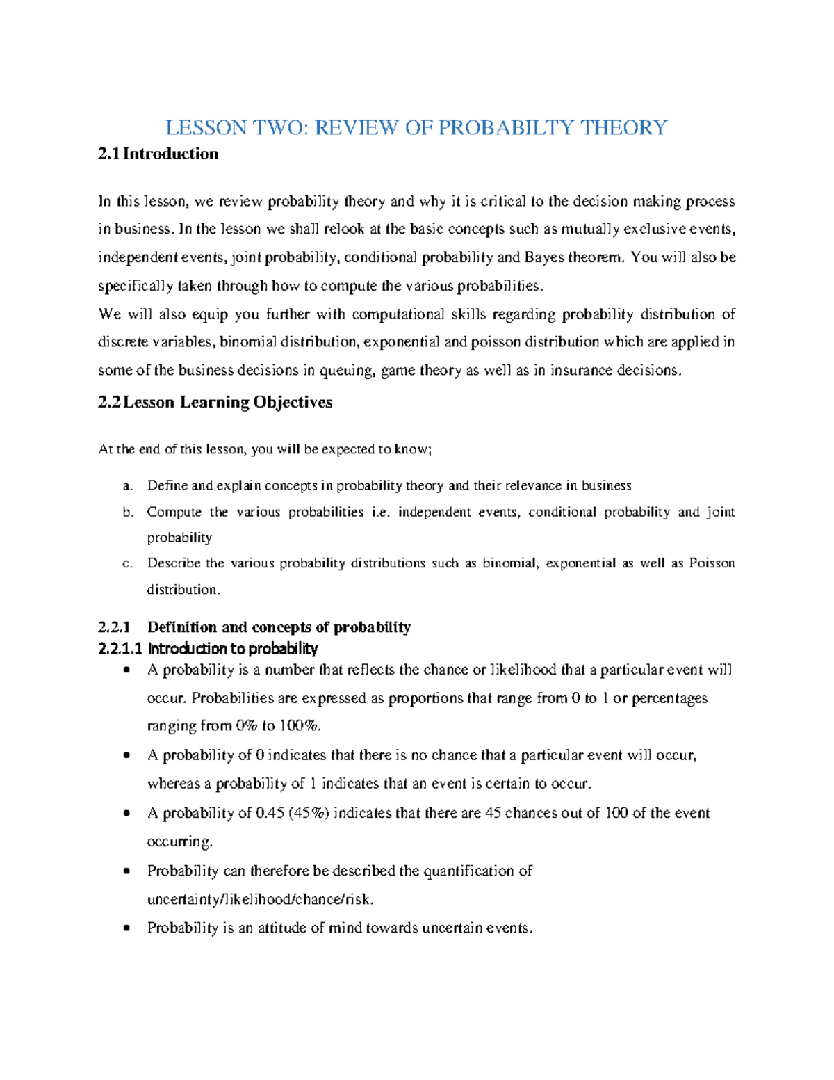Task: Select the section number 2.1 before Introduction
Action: pos(108,154)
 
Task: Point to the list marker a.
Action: pos(126,486)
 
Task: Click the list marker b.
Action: pos(126,513)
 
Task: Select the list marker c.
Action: pos(126,564)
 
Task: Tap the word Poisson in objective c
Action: pos(711,563)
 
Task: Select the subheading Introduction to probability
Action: pos(232,649)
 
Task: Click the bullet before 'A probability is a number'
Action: pos(126,670)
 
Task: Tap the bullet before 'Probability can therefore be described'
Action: pos(126,871)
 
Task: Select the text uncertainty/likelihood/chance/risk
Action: pos(260,899)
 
